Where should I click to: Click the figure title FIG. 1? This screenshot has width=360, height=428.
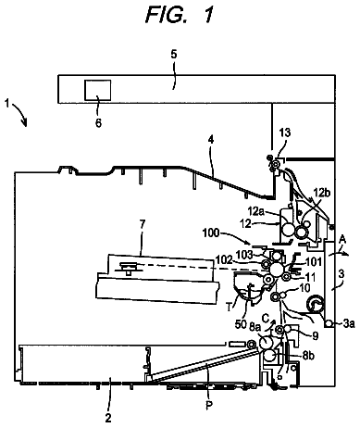[x=180, y=15]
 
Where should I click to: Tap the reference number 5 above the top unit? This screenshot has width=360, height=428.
[x=174, y=55]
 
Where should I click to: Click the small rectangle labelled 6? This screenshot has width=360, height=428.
[x=98, y=90]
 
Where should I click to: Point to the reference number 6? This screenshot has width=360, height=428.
[x=98, y=123]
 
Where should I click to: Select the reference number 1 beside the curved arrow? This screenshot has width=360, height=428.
[x=6, y=103]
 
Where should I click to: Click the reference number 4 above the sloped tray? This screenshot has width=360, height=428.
[x=211, y=140]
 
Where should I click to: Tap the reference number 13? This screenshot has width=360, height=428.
[x=285, y=132]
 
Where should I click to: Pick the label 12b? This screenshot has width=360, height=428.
[x=322, y=193]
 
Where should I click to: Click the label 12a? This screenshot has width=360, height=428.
[x=256, y=212]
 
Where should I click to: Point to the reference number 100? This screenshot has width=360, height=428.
[x=211, y=233]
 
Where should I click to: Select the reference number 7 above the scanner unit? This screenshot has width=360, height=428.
[x=142, y=224]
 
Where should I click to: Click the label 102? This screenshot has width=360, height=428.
[x=224, y=259]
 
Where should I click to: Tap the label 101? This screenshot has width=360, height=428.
[x=315, y=262]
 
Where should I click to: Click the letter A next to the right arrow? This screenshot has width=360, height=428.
[x=342, y=240]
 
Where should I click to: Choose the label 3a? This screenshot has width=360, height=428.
[x=349, y=323]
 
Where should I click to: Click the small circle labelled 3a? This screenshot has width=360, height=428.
[x=329, y=323]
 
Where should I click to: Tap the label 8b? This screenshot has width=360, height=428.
[x=308, y=356]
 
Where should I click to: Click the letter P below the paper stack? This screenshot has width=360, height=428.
[x=209, y=405]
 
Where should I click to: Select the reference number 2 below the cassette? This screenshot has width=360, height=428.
[x=108, y=418]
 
